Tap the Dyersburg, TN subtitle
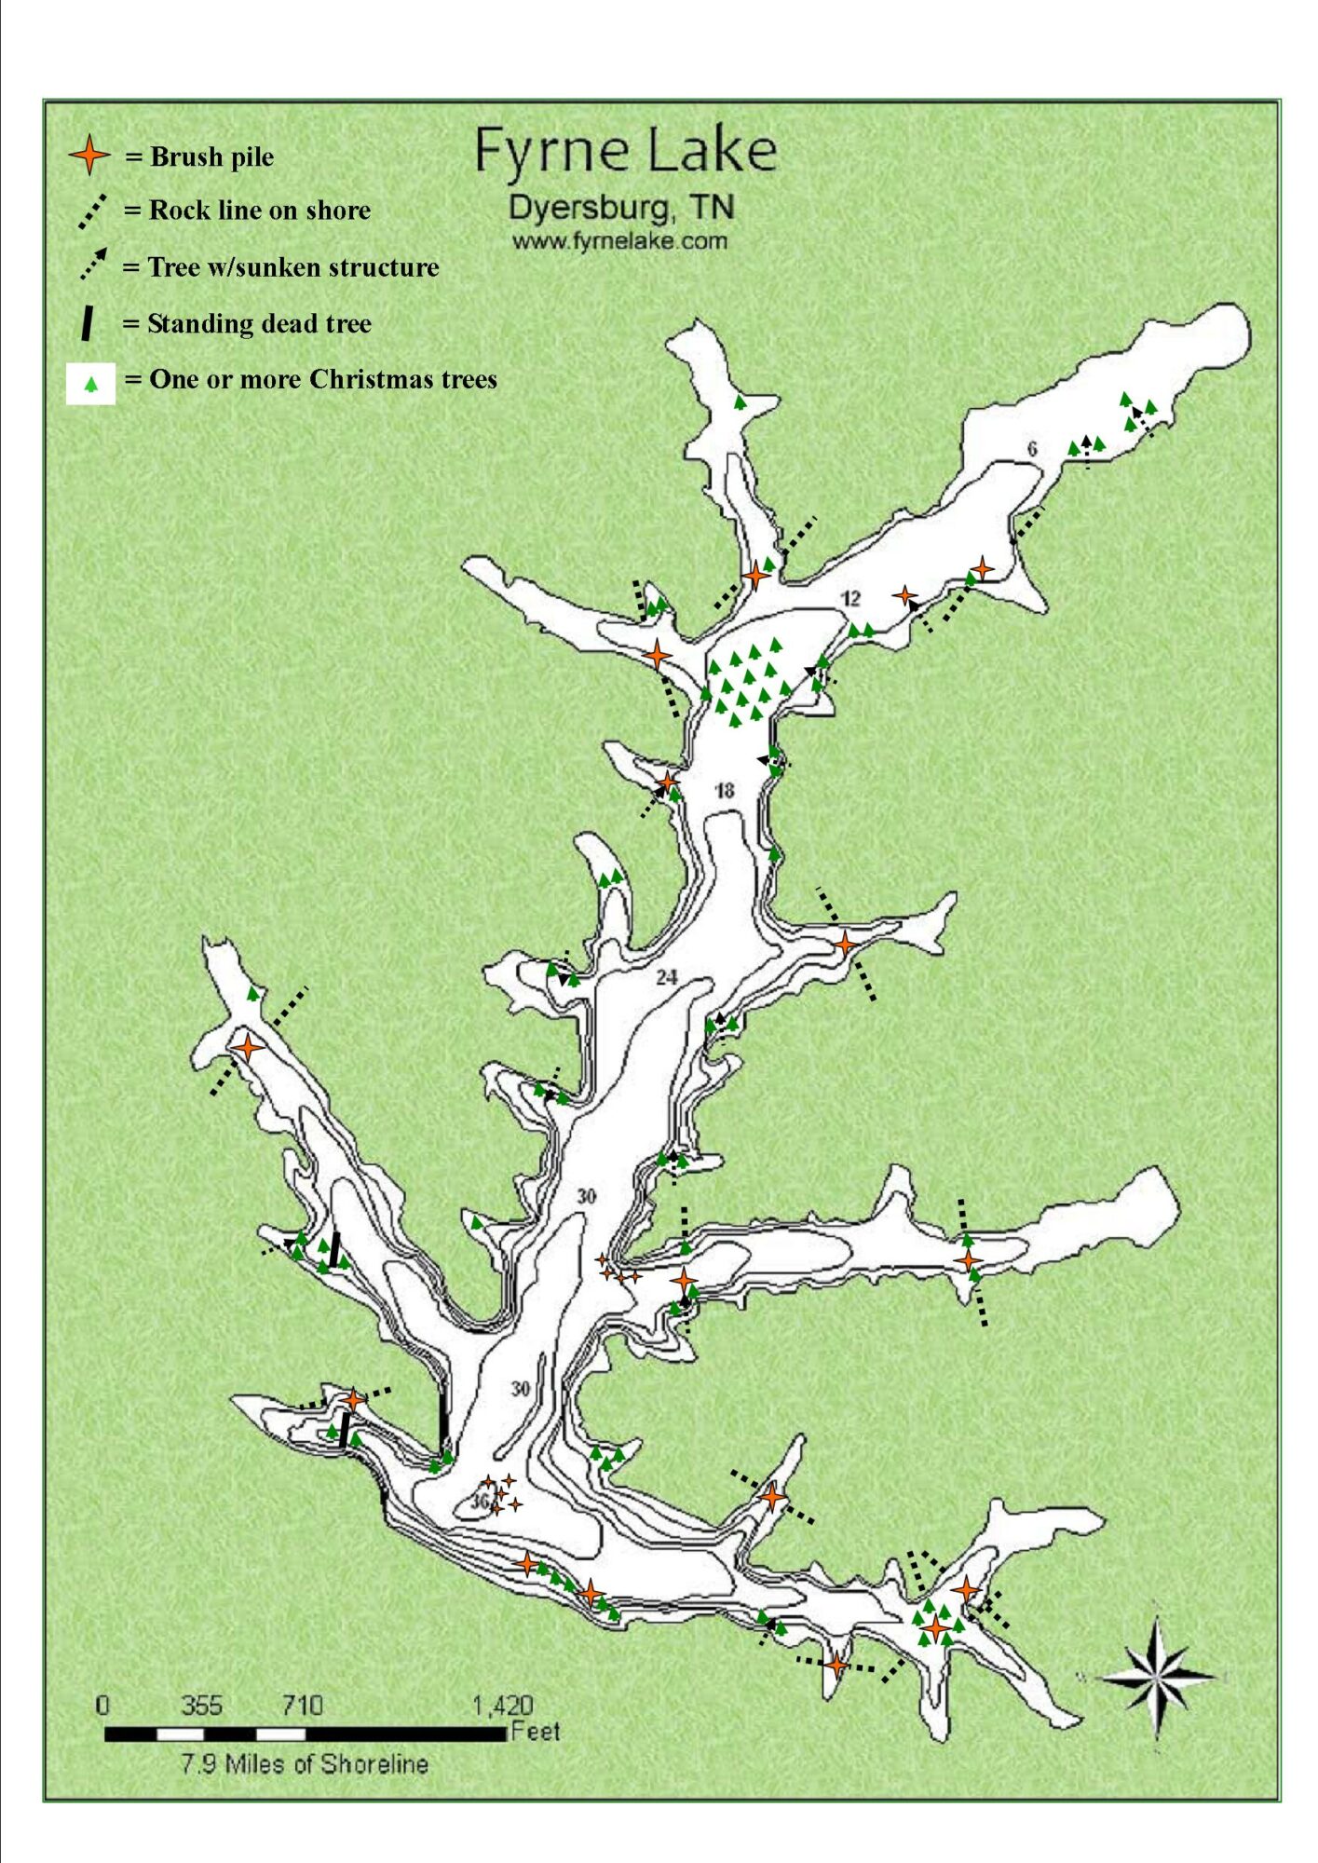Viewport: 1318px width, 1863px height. [x=621, y=209]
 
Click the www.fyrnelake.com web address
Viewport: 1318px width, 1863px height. [x=619, y=241]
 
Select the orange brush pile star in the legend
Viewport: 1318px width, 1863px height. [x=89, y=155]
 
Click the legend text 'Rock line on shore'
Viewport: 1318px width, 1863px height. [x=260, y=211]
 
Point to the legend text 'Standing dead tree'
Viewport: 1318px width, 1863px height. [x=259, y=323]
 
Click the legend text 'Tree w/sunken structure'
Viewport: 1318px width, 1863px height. [x=293, y=267]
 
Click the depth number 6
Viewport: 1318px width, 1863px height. [x=1032, y=449]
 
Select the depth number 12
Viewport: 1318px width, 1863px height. [x=851, y=599]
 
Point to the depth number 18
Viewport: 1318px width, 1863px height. [x=725, y=791]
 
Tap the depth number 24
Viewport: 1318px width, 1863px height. [x=666, y=977]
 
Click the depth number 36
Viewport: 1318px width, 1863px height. [x=479, y=1502]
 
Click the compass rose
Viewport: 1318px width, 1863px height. [x=1157, y=1677]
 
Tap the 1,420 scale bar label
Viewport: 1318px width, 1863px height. [x=502, y=1706]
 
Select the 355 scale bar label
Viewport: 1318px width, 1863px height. [x=201, y=1706]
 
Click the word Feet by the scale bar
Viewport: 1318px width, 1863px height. [x=536, y=1732]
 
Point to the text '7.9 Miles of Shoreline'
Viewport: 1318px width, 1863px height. [x=305, y=1764]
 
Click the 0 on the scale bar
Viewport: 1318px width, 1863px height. [x=102, y=1706]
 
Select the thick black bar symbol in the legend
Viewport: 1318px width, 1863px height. [x=87, y=324]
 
